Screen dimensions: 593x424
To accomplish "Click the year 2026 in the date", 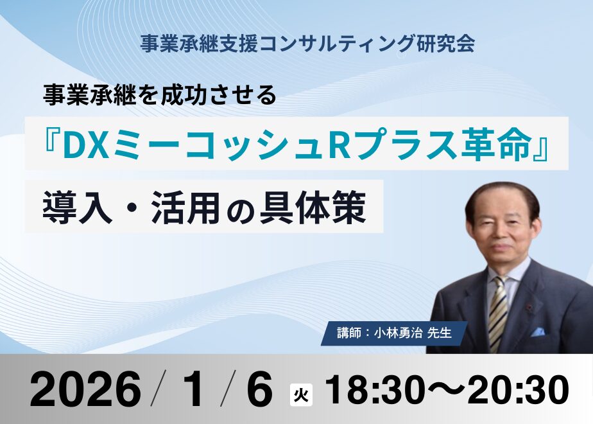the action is tap(85, 389).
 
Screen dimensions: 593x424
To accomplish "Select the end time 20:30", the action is tap(519, 389).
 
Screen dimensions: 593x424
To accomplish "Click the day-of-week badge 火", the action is tap(301, 395).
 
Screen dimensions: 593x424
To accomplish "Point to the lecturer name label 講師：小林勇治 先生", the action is tap(395, 333).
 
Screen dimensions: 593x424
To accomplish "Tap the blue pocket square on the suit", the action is tap(538, 331).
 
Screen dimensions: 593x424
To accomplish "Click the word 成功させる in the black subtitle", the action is tap(218, 95).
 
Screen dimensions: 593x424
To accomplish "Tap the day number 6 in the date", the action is tap(260, 389).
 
